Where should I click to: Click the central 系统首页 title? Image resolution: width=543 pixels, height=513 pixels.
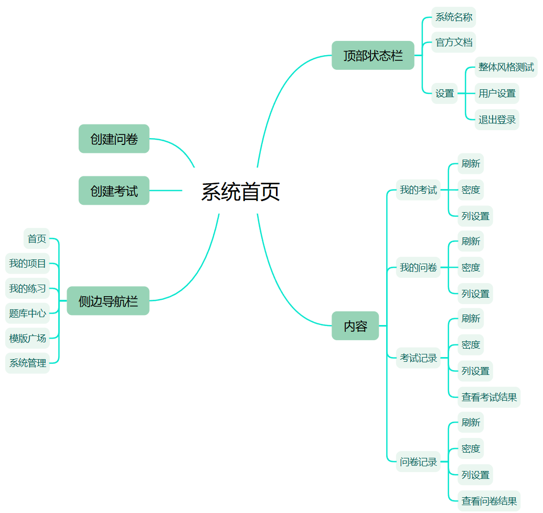pyautogui.click(x=240, y=192)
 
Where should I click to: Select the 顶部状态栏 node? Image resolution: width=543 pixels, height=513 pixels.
pyautogui.click(x=373, y=56)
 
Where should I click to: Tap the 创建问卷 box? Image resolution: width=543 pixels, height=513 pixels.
pyautogui.click(x=114, y=139)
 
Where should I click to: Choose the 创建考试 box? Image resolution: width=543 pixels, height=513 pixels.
pyautogui.click(x=114, y=191)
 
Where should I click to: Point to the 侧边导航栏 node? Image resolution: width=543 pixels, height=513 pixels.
pyautogui.click(x=108, y=301)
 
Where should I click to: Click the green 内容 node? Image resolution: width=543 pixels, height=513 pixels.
pyautogui.click(x=355, y=326)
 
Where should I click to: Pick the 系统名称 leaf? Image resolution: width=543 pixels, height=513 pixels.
pyautogui.click(x=454, y=17)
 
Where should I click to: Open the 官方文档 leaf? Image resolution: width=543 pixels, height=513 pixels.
pyautogui.click(x=454, y=42)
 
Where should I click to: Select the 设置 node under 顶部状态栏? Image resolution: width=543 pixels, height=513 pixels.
pyautogui.click(x=445, y=93)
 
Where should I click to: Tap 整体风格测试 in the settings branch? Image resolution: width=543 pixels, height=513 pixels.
pyautogui.click(x=506, y=67)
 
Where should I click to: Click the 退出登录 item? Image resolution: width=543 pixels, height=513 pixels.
pyautogui.click(x=497, y=120)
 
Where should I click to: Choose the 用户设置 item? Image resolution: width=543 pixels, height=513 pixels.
pyautogui.click(x=497, y=93)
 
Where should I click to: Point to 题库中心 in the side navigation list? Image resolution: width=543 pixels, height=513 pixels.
pyautogui.click(x=28, y=313)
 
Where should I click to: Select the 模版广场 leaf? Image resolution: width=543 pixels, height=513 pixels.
pyautogui.click(x=28, y=338)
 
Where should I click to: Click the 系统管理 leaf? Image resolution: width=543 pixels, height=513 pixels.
pyautogui.click(x=28, y=363)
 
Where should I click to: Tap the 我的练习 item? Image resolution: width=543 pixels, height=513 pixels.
pyautogui.click(x=28, y=288)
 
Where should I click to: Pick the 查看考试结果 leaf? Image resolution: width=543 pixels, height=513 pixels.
pyautogui.click(x=489, y=397)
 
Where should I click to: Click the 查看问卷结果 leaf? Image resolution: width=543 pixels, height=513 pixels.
pyautogui.click(x=489, y=501)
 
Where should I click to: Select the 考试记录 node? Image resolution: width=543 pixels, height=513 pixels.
pyautogui.click(x=418, y=358)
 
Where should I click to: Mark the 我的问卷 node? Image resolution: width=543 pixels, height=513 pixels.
pyautogui.click(x=418, y=268)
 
